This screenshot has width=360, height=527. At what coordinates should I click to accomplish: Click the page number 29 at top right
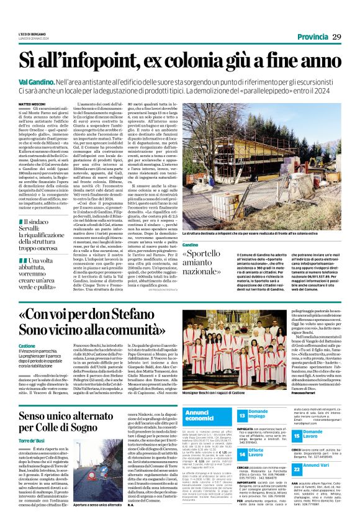point(336,38)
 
